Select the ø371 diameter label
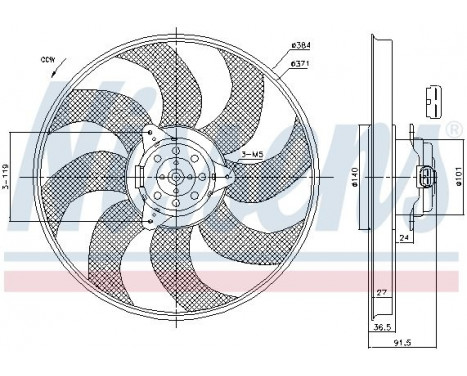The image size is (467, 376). [299, 63]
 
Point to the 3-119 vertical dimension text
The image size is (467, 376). [8, 178]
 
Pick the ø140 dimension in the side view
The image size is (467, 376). [352, 180]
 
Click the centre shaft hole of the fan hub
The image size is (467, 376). [176, 180]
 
